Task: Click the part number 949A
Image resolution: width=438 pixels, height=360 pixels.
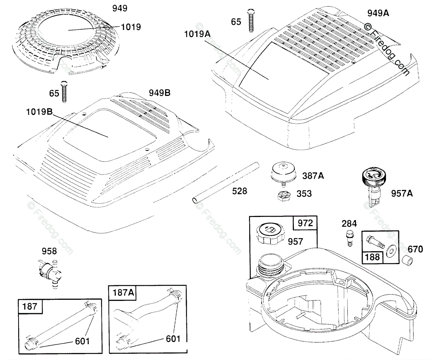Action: [378, 13]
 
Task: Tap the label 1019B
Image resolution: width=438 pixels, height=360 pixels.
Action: [39, 111]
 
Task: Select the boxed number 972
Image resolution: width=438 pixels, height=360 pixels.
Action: [305, 223]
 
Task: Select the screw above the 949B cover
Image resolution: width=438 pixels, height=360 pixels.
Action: [65, 91]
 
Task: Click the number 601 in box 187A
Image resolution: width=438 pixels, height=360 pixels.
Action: [173, 339]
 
